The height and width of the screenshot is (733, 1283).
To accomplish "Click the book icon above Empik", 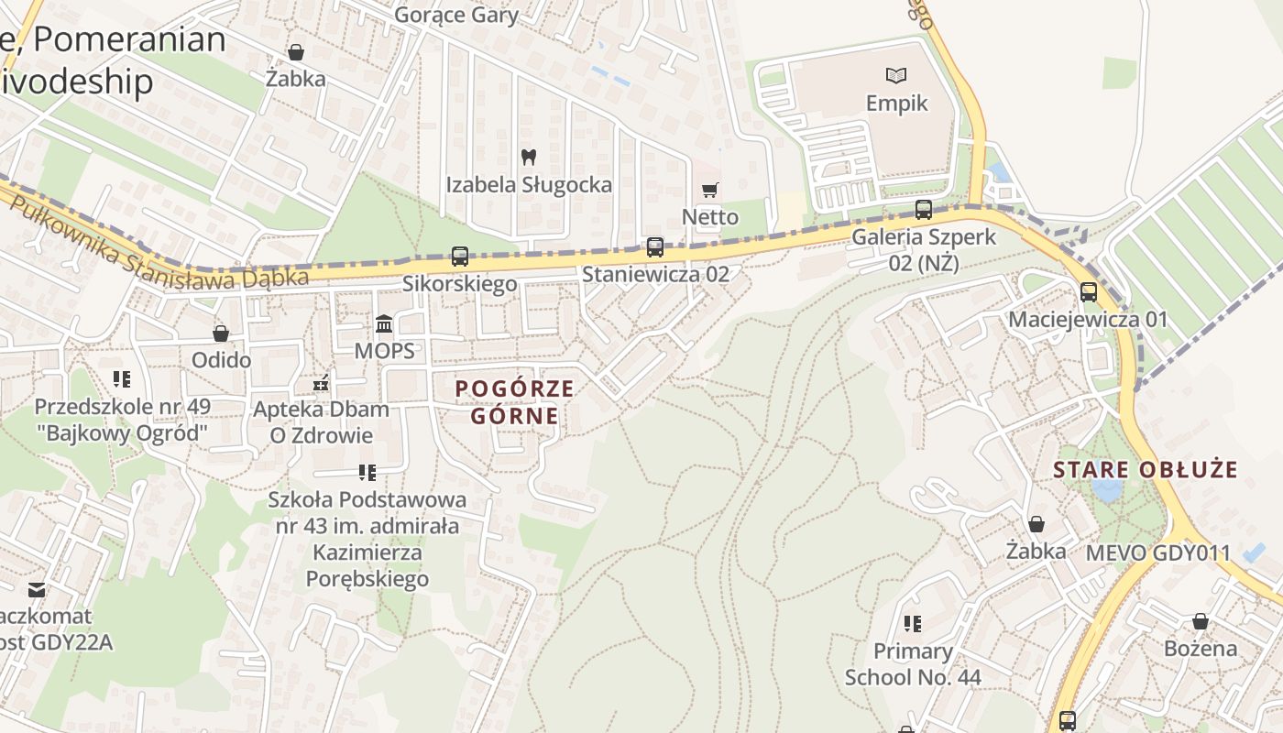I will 895,75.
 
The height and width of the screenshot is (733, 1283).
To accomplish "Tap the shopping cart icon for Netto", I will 710,191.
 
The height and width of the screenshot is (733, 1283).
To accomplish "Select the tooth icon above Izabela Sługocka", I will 528,158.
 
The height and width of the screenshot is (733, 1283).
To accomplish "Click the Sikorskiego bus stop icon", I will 460,257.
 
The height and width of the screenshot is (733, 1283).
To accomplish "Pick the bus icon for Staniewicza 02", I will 655,246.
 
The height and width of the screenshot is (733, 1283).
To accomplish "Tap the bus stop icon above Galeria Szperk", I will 924,210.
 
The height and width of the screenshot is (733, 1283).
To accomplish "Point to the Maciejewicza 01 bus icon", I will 1089,292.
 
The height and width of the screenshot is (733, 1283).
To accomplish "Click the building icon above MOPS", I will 385,324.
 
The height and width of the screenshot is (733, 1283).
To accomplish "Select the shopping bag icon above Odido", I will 221,334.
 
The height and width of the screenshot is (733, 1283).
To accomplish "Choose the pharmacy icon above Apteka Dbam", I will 321,382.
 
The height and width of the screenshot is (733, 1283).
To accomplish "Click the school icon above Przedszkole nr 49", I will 122,378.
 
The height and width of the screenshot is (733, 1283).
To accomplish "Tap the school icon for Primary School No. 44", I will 913,624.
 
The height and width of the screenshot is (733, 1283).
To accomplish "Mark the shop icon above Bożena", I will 1201,622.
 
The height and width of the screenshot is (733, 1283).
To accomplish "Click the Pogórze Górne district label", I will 515,402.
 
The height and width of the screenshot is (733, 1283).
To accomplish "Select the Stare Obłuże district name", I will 1146,470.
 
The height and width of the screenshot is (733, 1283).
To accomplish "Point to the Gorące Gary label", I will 456,15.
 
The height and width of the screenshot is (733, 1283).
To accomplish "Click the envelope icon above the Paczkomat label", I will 37,589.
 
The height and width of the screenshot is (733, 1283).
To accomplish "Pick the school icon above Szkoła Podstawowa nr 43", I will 367,473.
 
